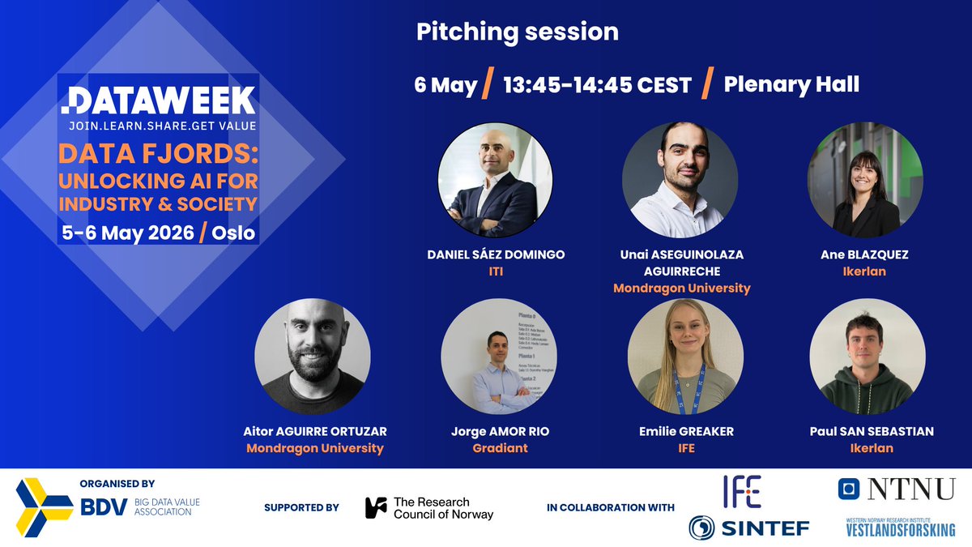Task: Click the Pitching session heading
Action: [517, 32]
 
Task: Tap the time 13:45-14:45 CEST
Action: [597, 85]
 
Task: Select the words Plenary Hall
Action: [791, 84]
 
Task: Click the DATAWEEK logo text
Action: [159, 100]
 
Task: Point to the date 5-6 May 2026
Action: [128, 233]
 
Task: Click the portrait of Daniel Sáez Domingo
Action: [495, 180]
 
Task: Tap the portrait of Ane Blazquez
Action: [865, 180]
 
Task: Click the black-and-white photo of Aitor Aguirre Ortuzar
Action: [313, 357]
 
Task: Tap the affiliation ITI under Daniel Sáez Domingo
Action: [495, 271]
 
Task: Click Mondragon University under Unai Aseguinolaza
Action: [681, 288]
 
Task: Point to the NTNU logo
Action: [897, 489]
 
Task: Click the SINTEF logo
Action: [748, 528]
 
